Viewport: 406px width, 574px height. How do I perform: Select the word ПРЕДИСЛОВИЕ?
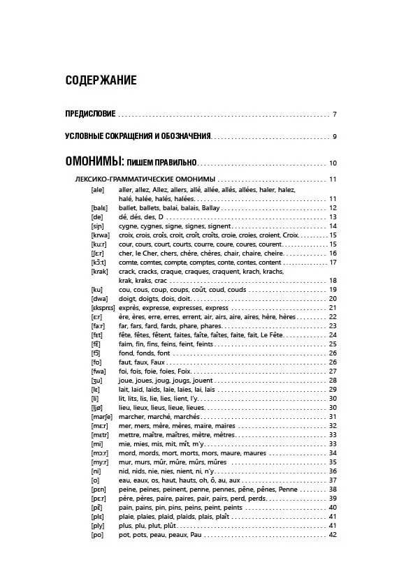(90, 115)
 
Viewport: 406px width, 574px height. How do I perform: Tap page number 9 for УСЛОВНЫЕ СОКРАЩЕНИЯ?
(335, 137)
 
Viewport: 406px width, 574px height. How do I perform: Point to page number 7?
(335, 115)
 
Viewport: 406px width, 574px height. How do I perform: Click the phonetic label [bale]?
(99, 208)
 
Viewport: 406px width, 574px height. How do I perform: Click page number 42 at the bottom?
(333, 535)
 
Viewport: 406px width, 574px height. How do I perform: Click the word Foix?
(184, 371)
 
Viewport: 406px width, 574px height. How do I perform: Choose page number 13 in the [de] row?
(333, 217)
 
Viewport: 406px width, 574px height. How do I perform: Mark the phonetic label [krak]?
(99, 271)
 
